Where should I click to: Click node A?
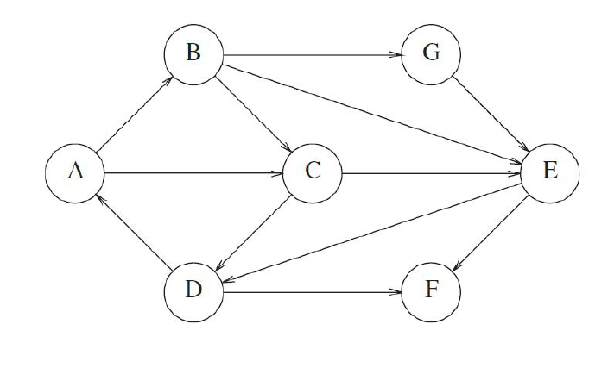(75, 173)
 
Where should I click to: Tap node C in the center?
(313, 173)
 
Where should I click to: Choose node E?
(549, 173)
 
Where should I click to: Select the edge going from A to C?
(194, 173)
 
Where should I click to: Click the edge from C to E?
(431, 173)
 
